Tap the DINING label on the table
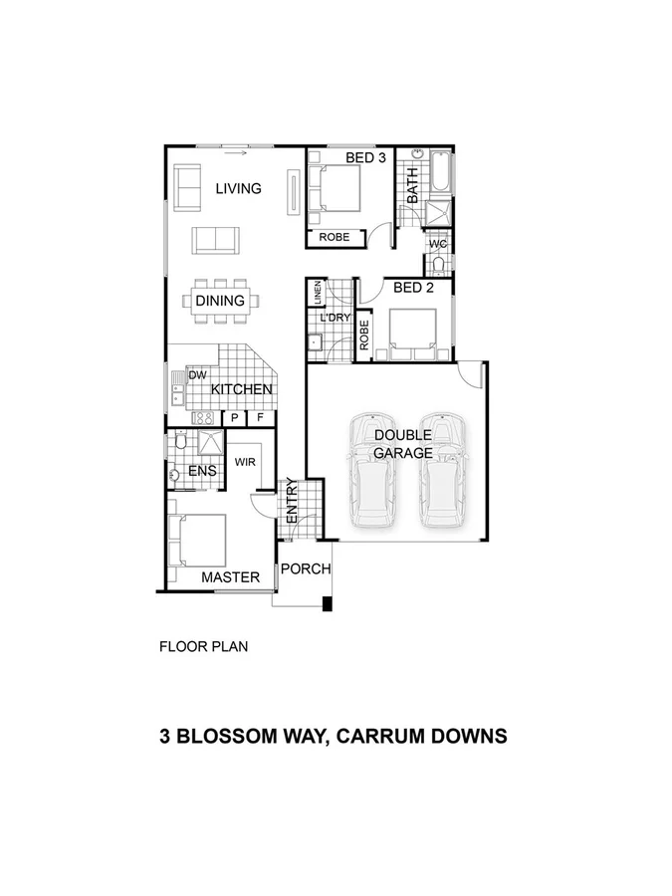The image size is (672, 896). [x=220, y=301]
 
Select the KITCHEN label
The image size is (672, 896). [x=241, y=389]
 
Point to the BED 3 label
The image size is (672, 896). [x=365, y=158]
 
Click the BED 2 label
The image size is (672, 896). [x=414, y=289]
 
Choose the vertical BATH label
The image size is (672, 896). [x=411, y=185]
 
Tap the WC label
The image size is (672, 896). [x=438, y=244]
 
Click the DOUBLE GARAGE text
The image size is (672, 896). [x=403, y=444]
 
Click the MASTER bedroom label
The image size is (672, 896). [x=230, y=577]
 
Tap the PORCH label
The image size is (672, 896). [x=305, y=569]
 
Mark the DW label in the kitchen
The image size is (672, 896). [x=197, y=375]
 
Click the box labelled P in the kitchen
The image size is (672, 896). [x=235, y=419]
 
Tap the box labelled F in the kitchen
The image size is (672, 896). [x=262, y=419]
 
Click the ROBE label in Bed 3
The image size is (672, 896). [x=334, y=238]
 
